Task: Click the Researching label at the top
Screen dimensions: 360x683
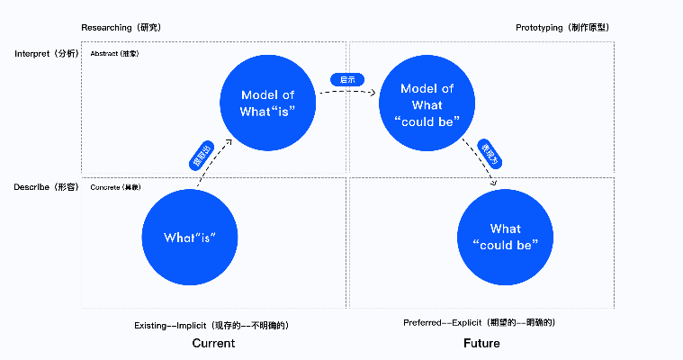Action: click(124, 28)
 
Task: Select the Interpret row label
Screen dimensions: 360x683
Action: click(47, 54)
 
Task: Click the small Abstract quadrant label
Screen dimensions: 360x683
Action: click(115, 54)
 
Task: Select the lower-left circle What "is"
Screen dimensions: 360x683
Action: click(190, 238)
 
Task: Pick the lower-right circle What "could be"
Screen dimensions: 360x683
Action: click(505, 237)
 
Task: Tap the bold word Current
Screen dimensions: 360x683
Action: click(213, 343)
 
